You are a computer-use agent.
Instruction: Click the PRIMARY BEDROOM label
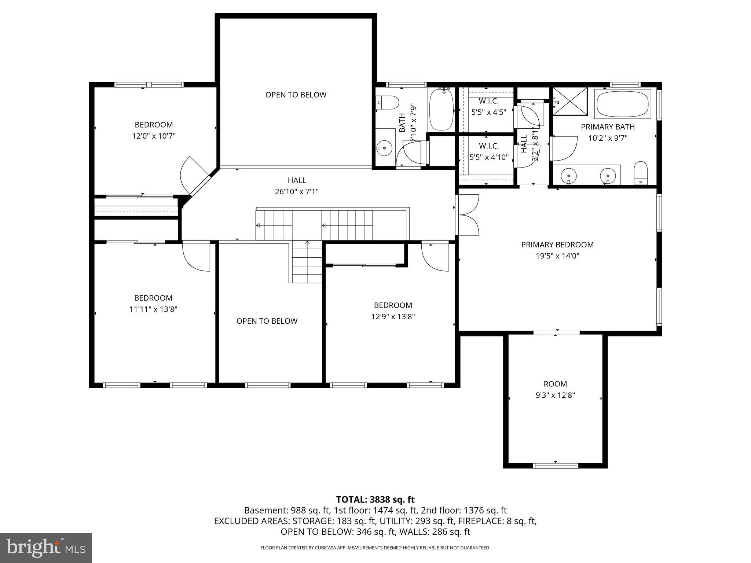pos(557,244)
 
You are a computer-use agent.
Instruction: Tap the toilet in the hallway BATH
pos(388,102)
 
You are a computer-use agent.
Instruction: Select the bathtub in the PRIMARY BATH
pos(623,104)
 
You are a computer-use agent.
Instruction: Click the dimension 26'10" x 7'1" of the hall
pos(297,192)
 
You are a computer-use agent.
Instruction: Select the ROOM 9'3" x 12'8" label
pos(555,390)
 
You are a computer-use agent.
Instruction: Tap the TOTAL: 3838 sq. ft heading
pos(375,499)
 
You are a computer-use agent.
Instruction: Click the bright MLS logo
pos(46,548)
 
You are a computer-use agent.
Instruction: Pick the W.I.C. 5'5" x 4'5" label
pos(488,107)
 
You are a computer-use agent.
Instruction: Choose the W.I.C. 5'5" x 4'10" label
pos(488,152)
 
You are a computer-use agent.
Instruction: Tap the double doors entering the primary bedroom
pos(468,215)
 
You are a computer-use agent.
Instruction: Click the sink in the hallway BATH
pos(384,148)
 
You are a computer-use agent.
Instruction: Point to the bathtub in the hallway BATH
pos(441,109)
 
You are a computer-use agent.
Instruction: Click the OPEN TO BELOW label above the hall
pos(296,95)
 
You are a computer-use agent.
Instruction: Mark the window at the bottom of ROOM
pos(555,466)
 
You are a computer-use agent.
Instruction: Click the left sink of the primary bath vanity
pos(568,175)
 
